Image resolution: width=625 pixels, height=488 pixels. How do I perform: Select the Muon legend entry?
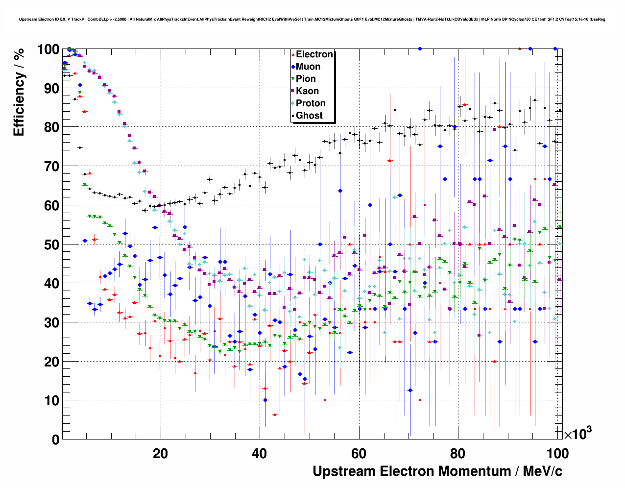[308, 67]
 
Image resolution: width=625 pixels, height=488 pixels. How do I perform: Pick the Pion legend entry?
[306, 79]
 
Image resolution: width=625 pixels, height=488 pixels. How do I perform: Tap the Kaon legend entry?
[307, 91]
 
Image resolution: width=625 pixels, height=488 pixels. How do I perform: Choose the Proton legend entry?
[311, 103]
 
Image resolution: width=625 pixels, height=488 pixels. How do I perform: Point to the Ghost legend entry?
[309, 116]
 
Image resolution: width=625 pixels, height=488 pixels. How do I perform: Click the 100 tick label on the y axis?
[48, 49]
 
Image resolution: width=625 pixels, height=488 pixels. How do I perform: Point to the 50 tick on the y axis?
[52, 244]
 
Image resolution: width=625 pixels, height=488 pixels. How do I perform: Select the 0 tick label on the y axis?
[55, 439]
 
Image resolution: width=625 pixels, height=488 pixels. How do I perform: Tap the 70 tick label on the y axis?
[52, 167]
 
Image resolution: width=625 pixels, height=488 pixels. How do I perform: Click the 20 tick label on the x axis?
[160, 453]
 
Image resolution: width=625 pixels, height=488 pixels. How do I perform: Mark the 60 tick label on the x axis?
[359, 453]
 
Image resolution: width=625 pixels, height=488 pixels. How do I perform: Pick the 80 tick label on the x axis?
[458, 453]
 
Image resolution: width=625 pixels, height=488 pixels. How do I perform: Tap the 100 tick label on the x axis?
[557, 453]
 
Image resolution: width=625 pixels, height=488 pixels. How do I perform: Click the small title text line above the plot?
[312, 20]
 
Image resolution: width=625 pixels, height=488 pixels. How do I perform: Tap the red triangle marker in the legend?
[293, 55]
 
